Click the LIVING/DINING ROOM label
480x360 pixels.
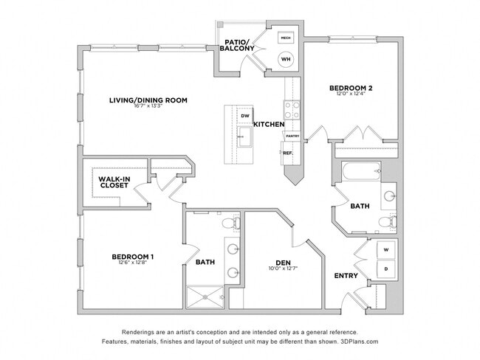148,100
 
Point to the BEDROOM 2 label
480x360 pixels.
351,89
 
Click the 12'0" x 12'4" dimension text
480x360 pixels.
351,95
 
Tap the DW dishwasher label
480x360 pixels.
244,116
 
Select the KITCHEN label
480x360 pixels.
269,125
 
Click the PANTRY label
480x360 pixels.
292,136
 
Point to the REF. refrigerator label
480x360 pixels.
288,153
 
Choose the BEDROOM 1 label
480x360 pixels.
133,257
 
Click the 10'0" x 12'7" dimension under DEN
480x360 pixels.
282,269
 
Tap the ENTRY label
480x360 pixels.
346,276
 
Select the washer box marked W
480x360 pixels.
386,250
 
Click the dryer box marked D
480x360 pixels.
386,269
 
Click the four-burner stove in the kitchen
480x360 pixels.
292,110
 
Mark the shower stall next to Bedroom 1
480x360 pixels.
205,296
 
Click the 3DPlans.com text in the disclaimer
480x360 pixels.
357,342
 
